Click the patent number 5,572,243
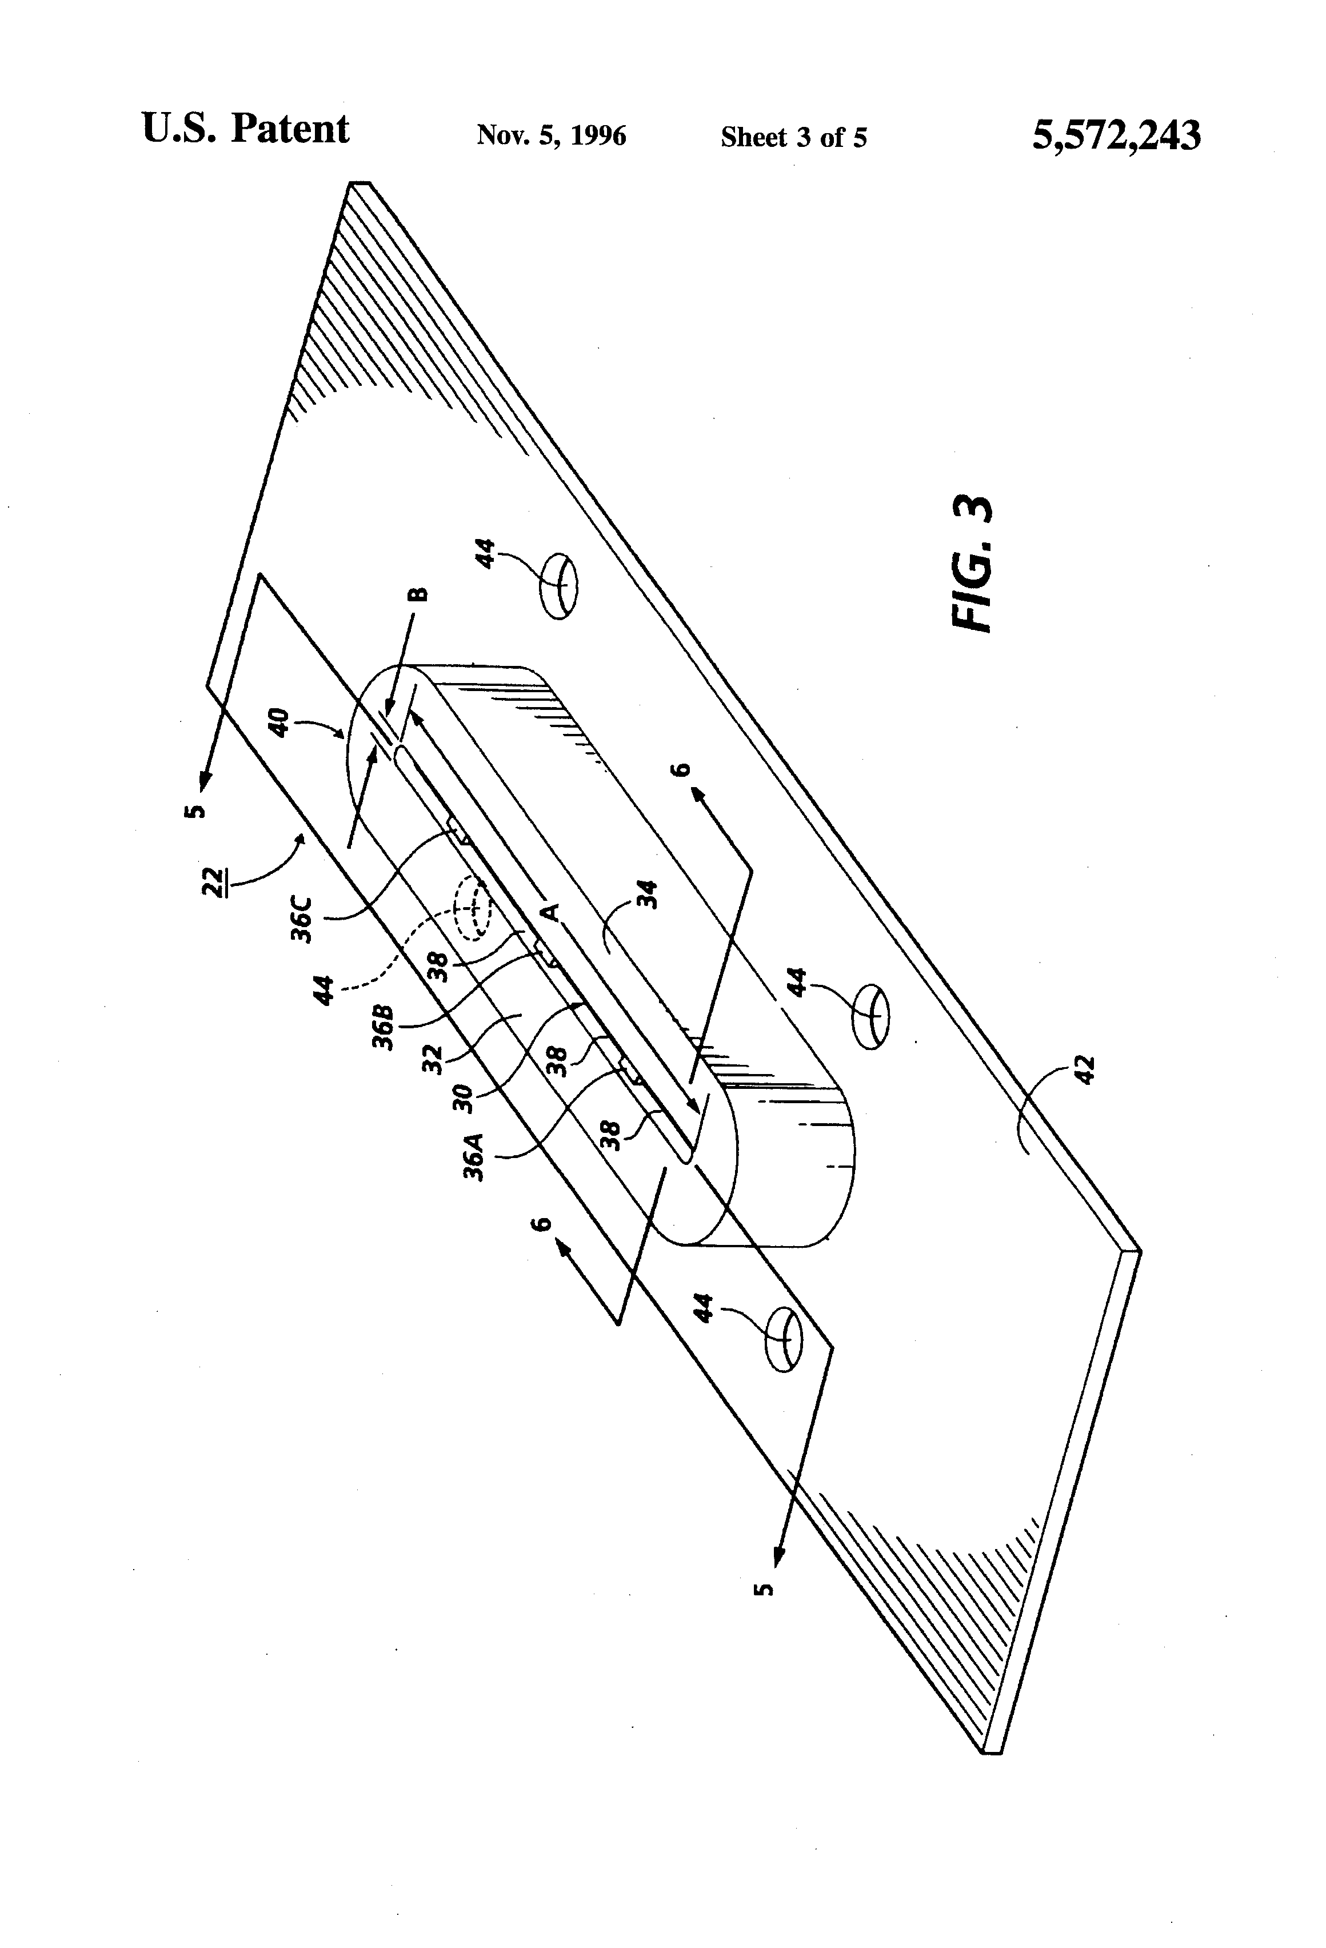(1116, 135)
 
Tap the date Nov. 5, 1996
(550, 136)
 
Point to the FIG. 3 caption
(973, 563)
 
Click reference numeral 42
(1085, 1071)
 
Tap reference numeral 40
(281, 722)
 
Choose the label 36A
(474, 1157)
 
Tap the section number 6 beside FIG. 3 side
(683, 769)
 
